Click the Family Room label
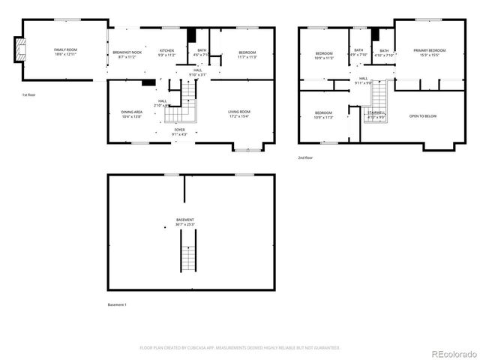coord(66,52)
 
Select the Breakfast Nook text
coord(127,54)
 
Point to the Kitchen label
coord(166,54)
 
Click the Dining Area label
coord(131,115)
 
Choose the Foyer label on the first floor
coord(180,132)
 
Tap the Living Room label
coord(239,115)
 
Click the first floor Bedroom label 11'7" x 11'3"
coord(247,54)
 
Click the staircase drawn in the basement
coord(187,251)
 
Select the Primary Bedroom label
coord(429,52)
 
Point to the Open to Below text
coord(423,116)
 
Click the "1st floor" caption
coord(29,95)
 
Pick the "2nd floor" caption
coord(305,157)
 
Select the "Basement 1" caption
coord(118,304)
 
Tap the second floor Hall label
coord(363,80)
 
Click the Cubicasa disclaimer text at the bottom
coord(240,348)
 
